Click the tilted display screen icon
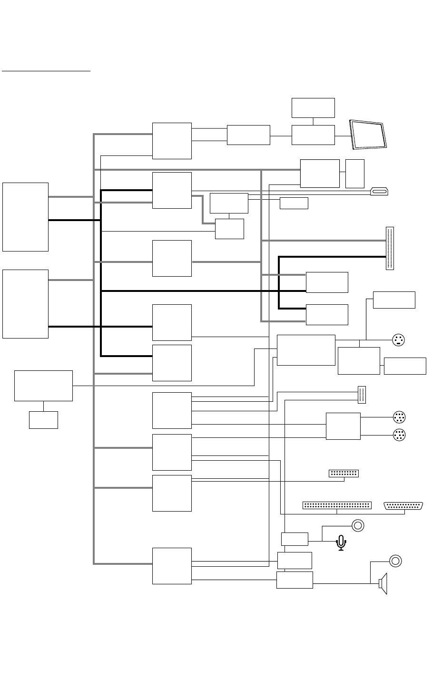coord(369,135)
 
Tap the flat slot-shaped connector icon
coord(380,192)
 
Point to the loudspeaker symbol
coord(383,584)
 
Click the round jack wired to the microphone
coord(358,526)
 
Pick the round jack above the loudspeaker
coord(395,561)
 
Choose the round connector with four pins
coord(399,340)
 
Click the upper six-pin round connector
coord(400,417)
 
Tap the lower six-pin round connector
coord(400,435)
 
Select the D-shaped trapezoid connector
coord(404,506)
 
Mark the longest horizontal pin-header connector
coord(337,505)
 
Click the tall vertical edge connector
coord(390,248)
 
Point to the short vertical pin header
coord(361,395)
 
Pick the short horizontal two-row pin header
coord(344,474)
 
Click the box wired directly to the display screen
coord(313,135)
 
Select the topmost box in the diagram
coord(313,108)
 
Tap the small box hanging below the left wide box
coord(43,420)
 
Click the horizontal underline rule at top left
coord(46,71)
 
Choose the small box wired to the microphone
coord(295,539)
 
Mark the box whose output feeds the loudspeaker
coord(295,580)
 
